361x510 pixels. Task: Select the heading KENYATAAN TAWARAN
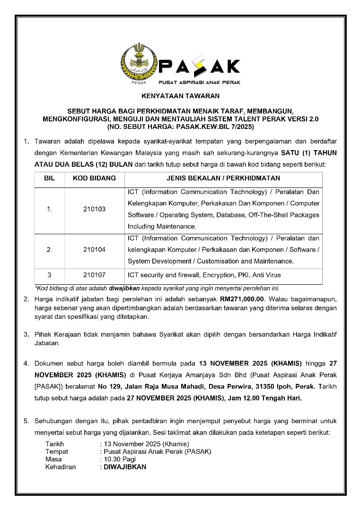(180, 96)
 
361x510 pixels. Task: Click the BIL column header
(49, 178)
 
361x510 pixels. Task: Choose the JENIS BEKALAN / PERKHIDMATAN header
(223, 178)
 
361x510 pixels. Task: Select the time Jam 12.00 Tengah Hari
(264, 398)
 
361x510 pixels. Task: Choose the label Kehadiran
(60, 467)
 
